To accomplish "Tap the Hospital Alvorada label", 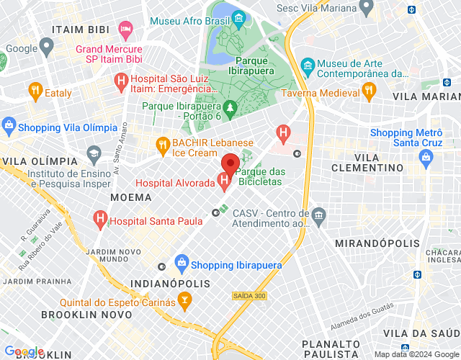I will [175, 184].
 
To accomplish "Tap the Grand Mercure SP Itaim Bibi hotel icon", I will [126, 30].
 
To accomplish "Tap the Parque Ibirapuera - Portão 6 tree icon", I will [230, 109].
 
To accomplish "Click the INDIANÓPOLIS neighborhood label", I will [169, 284].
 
